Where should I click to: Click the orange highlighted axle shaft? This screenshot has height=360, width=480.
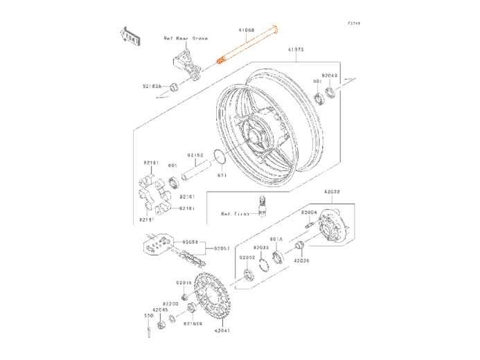pos(247,44)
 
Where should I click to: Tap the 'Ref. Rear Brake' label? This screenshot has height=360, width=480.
pos(186,38)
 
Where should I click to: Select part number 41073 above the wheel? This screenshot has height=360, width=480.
pos(296,50)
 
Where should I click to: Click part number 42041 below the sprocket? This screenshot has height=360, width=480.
pos(222,331)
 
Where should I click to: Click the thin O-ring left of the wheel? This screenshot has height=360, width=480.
pos(219,159)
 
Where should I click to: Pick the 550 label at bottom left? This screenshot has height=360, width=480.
pos(148,316)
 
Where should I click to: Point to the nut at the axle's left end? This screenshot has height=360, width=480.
pos(174,87)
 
